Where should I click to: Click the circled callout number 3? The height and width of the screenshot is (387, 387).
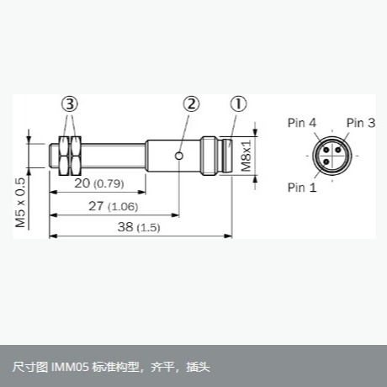[70, 104]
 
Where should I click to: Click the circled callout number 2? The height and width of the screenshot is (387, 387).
[191, 104]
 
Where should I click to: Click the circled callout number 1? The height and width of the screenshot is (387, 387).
[239, 104]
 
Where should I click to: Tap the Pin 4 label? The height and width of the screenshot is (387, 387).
[302, 123]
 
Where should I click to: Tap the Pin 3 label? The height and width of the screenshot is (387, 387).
[361, 123]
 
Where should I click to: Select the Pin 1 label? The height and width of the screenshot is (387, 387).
[302, 188]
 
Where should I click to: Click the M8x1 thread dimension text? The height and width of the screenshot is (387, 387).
[247, 156]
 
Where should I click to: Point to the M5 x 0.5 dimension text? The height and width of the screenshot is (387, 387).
[20, 203]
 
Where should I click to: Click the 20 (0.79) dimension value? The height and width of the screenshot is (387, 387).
[99, 183]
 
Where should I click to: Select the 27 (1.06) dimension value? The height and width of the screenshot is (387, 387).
[114, 206]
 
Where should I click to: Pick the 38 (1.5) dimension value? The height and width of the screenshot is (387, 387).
[139, 227]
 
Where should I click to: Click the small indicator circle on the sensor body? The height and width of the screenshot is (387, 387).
[179, 156]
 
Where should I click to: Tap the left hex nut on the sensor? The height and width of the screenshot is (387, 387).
[64, 156]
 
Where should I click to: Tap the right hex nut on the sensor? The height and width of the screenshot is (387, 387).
[76, 156]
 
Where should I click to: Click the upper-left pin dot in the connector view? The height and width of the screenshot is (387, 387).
[326, 150]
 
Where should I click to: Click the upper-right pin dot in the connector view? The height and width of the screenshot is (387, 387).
[338, 150]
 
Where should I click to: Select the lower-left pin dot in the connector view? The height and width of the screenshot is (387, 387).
[326, 162]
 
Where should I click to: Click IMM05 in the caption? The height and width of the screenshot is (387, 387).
[70, 367]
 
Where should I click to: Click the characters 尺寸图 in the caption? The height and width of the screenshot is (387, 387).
[30, 367]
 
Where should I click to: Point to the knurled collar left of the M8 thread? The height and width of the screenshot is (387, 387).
[209, 156]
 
